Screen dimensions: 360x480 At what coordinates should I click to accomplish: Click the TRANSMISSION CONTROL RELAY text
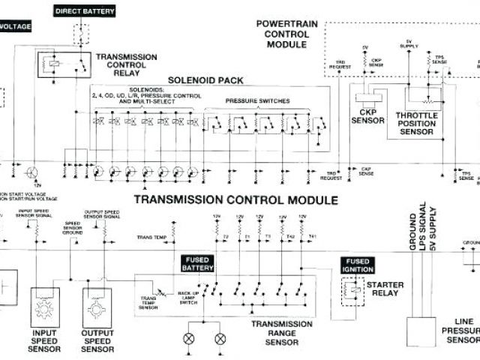(126, 66)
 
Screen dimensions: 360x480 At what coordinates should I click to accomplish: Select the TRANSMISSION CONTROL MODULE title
(235, 200)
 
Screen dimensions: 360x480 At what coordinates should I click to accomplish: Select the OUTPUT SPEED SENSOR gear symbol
(95, 307)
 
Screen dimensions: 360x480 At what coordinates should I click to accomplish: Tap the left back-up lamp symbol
(189, 338)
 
